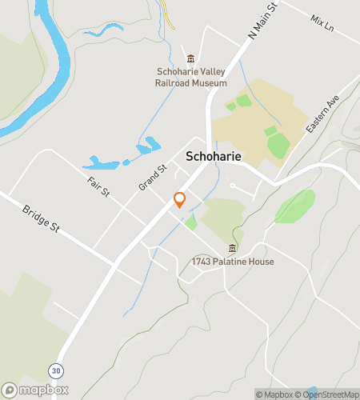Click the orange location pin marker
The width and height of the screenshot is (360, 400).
(x=180, y=200)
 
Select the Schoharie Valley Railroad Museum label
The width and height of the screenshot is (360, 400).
(x=191, y=78)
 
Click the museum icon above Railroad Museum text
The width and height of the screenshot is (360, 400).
(x=191, y=59)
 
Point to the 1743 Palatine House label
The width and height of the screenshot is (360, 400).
(x=233, y=262)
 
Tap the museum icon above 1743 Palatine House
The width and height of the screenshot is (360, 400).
(x=233, y=248)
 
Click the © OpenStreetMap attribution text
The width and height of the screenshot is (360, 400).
(x=327, y=394)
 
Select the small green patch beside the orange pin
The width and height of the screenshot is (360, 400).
(x=190, y=222)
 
